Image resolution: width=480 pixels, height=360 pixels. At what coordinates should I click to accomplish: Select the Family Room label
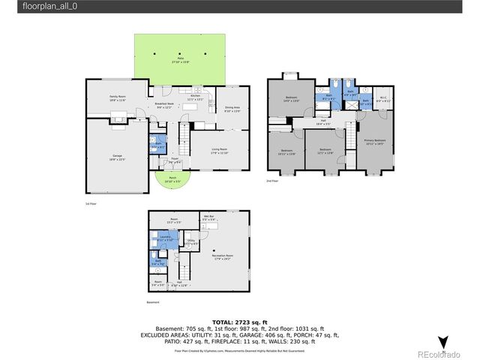(x=118, y=97)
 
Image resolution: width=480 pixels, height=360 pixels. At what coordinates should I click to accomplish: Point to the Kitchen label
(x=196, y=97)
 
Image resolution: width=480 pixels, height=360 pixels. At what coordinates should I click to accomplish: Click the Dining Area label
(x=232, y=109)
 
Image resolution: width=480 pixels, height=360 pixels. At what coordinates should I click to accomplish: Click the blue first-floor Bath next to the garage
(x=159, y=145)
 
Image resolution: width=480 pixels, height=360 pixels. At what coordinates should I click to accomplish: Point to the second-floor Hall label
(x=323, y=121)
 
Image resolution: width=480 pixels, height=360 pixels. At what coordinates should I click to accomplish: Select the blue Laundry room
(x=165, y=238)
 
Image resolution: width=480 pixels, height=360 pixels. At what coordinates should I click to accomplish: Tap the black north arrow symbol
(x=442, y=342)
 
